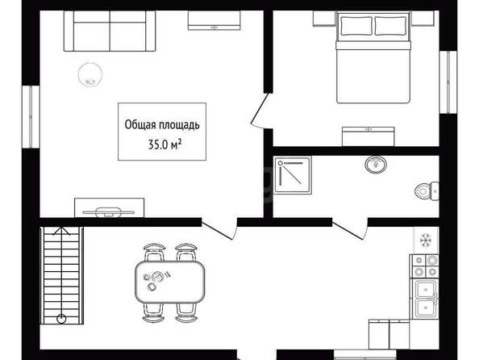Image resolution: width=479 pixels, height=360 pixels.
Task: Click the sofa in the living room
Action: (110, 31)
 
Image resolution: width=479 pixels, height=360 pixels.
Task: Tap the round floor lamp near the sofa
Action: (90, 74)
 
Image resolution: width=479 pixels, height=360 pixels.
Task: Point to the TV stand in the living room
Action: (110, 207)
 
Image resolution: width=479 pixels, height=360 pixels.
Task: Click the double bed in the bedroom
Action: (373, 57)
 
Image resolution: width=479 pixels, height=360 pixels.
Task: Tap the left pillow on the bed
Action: (356, 26)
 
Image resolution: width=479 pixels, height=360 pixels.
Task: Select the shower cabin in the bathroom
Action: (293, 175)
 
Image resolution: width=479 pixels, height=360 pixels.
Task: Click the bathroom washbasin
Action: (376, 165)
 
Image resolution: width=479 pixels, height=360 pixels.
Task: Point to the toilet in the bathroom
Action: (427, 191)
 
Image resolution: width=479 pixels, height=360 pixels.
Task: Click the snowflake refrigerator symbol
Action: (425, 240)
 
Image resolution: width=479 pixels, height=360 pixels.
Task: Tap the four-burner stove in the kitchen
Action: (425, 266)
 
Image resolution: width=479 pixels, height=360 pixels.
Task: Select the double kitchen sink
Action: (426, 299)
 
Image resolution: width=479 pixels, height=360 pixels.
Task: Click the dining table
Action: (170, 282)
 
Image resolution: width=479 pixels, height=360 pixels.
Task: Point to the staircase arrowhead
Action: (61, 231)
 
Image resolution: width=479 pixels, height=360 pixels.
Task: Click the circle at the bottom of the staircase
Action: (61, 319)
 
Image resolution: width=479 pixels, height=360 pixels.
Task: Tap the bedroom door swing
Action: (259, 111)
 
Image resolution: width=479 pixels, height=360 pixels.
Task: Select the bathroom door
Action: (349, 230)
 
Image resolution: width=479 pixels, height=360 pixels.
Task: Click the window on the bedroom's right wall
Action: (448, 82)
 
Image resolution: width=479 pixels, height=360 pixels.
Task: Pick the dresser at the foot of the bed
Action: (368, 136)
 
